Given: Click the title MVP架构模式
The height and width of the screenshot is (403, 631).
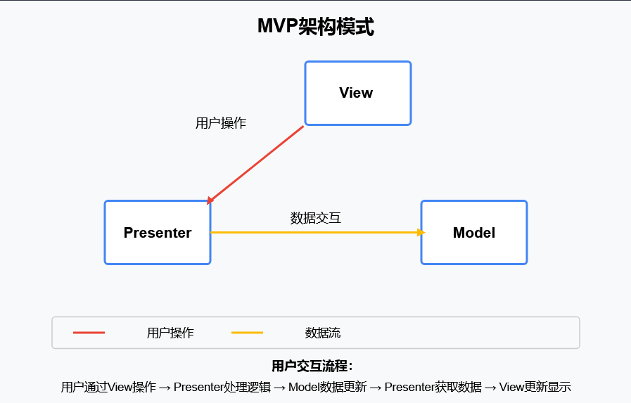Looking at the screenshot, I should coord(315,27).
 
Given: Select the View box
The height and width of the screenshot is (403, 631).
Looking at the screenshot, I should coord(357,93).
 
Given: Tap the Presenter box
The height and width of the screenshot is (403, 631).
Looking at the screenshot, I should coord(158,233).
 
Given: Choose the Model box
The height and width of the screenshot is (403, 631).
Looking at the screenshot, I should coord(474,233).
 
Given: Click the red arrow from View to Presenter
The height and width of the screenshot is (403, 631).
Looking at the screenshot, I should coord(257,164).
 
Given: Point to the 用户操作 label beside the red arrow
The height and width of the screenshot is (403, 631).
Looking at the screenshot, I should coord(221,123).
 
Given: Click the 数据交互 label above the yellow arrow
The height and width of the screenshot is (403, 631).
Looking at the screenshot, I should coord(316,218).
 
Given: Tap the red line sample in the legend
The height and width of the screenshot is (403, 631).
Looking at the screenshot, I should coord(89,333).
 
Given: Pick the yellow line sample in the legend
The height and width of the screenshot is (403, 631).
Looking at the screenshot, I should coord(247,333).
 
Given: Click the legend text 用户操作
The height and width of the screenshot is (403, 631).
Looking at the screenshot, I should coord(170,333).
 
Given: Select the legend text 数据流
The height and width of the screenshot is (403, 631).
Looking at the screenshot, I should coord(323,333).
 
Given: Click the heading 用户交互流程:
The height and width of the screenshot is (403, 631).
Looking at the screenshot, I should coord(312,366).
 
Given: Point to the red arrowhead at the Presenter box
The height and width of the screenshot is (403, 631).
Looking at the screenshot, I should coord(210,201).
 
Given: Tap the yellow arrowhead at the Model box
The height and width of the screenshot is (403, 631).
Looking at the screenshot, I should coord(421,232).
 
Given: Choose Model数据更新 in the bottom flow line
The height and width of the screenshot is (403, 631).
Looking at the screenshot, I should coord(328,387).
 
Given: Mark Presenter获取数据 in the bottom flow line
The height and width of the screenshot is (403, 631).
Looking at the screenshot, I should coord(433,387).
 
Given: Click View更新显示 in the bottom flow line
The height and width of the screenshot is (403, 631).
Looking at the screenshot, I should coord(535,387).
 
